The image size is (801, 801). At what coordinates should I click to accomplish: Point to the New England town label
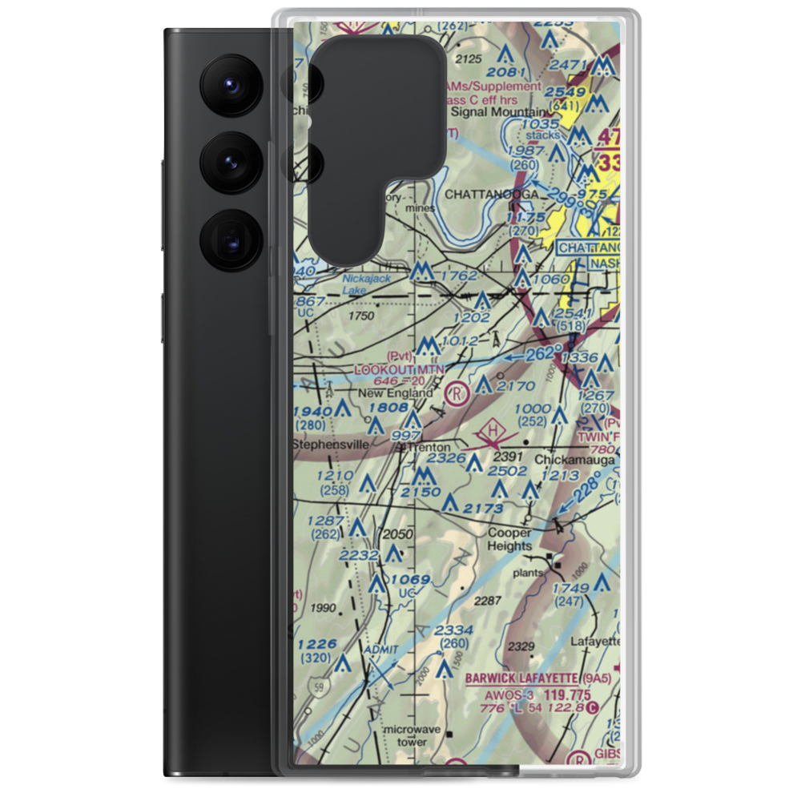pyautogui.click(x=395, y=393)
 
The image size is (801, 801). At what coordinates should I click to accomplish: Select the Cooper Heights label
pyautogui.click(x=509, y=540)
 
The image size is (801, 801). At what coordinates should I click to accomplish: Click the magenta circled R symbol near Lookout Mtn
pyautogui.click(x=457, y=392)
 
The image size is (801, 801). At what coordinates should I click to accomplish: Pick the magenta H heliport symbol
pyautogui.click(x=494, y=434)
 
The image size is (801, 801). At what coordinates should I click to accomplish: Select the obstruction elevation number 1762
pyautogui.click(x=458, y=276)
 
